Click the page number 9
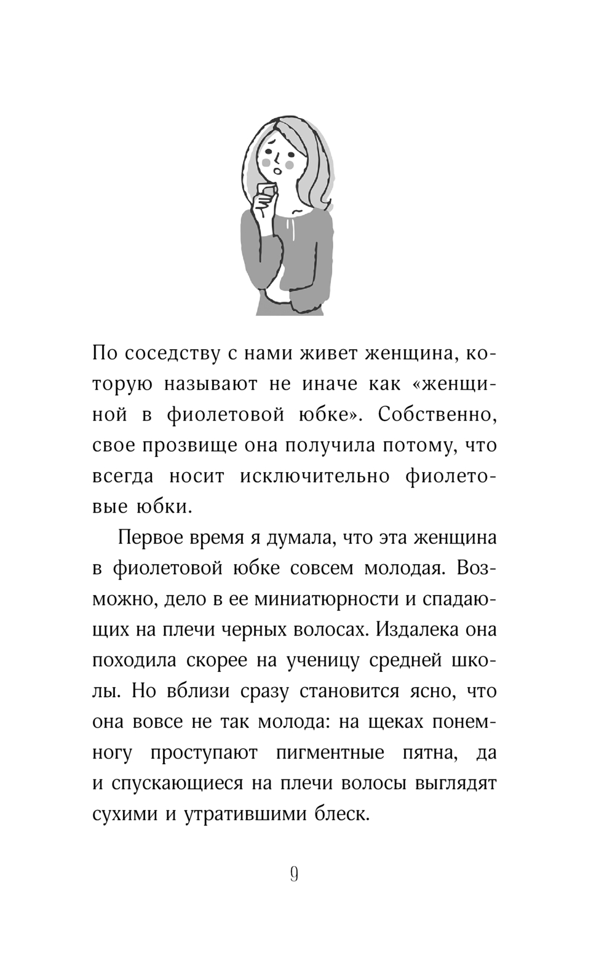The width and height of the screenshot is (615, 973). [x=294, y=873]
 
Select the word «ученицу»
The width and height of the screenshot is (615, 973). [x=329, y=661]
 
